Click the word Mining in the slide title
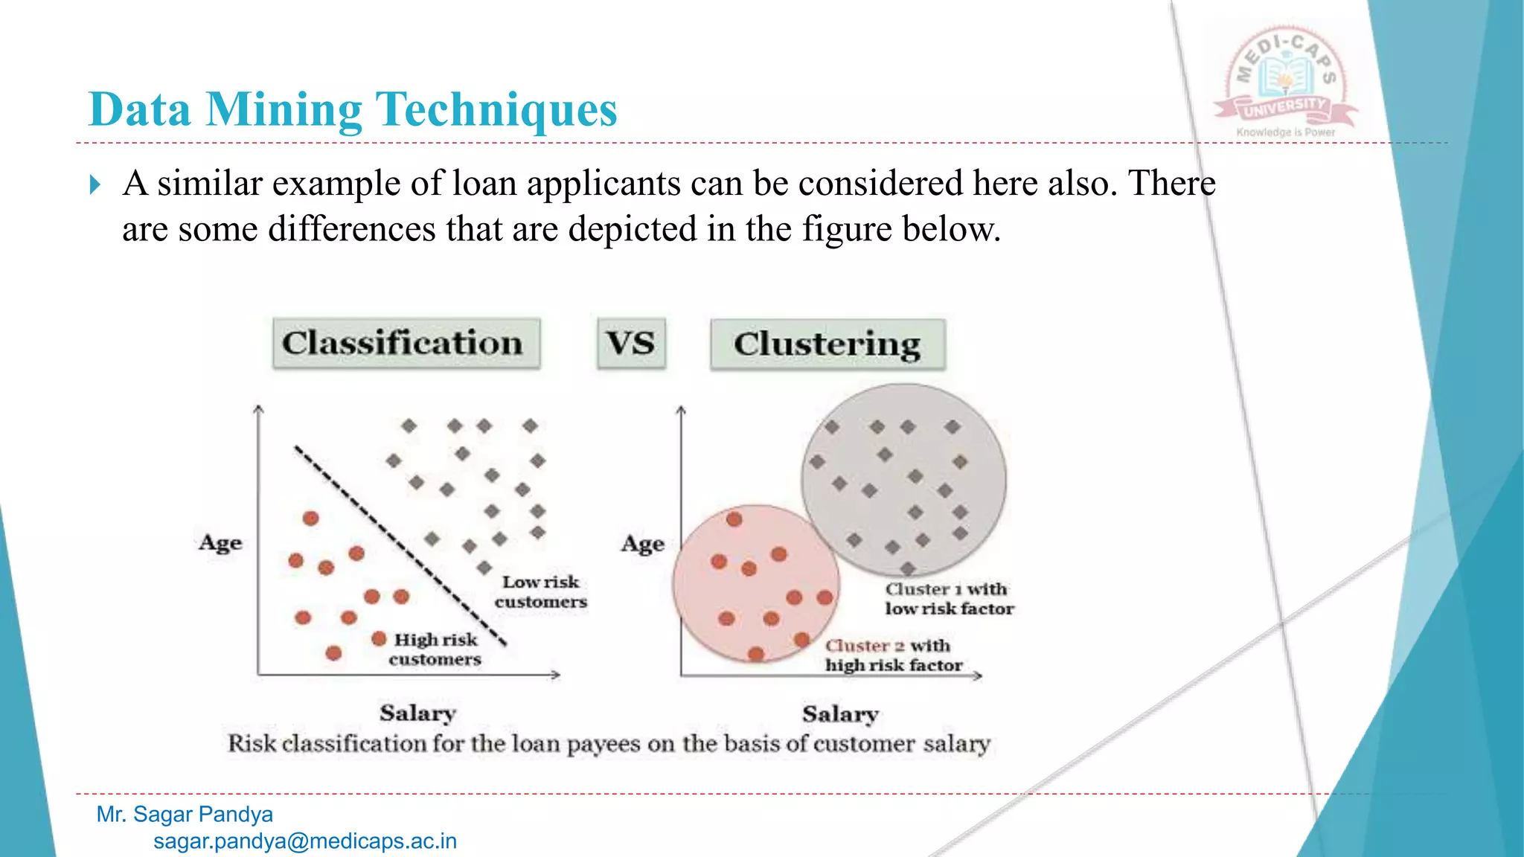284,110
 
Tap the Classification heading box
406,344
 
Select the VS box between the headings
631,344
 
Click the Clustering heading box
827,344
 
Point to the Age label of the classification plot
220,542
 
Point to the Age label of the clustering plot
643,544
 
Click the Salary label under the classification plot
417,713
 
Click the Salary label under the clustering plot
840,714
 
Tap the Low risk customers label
541,591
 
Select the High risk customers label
436,649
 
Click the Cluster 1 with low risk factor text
949,599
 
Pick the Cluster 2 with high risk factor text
893,655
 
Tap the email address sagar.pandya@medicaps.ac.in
305,841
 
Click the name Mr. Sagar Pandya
185,814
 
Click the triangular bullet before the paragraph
95,184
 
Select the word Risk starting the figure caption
252,743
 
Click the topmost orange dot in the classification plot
311,519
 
